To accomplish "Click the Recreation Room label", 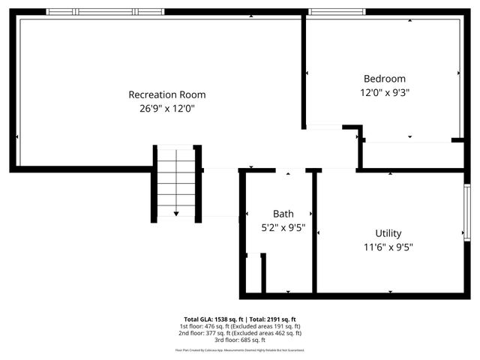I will (166, 94).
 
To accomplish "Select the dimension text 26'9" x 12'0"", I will (166, 109).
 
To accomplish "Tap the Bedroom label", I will (384, 79).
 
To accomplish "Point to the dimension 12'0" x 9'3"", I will (384, 92).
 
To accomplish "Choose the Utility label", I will (388, 233).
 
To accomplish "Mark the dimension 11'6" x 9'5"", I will (388, 247).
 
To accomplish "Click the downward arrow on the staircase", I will (176, 213).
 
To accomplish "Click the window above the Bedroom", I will (337, 12).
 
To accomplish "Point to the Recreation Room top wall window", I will (104, 12).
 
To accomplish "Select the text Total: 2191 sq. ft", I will (269, 319).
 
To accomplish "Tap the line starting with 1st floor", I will (239, 326).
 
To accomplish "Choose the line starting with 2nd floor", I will (239, 333).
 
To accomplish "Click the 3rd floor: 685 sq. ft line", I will (239, 340).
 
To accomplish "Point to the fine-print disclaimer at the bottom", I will (239, 349).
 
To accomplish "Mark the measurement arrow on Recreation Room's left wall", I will (17, 137).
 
